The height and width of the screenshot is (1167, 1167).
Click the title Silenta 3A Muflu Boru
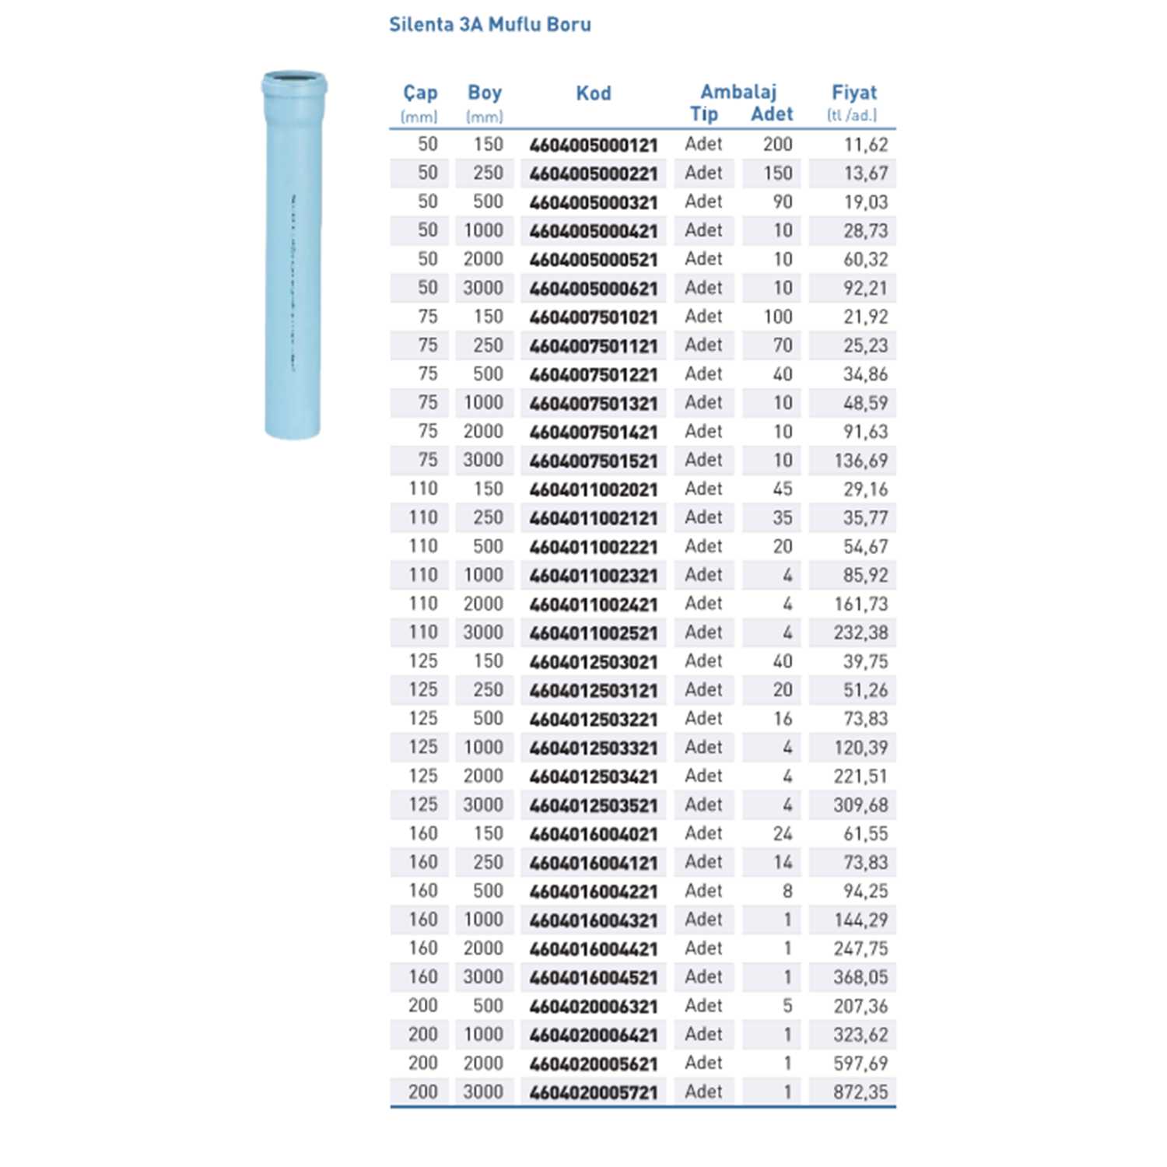pos(489,24)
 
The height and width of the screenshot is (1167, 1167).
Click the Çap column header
pos(420,93)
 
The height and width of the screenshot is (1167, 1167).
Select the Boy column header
pos(485,93)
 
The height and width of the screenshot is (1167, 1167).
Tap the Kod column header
pos(594,93)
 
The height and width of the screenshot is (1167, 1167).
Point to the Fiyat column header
pos(854,93)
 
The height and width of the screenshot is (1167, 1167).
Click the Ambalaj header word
pos(738,92)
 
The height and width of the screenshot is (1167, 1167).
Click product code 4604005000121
pos(594,145)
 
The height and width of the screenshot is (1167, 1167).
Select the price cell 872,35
pos(860,1092)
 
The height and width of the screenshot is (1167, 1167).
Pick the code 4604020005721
pos(594,1092)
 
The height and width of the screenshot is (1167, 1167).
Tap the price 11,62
pos(866,145)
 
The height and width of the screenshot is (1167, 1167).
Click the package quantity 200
pos(777,145)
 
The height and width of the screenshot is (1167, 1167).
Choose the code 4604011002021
pos(594,489)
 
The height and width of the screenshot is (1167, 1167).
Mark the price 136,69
pos(860,461)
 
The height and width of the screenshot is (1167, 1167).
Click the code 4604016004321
pos(594,920)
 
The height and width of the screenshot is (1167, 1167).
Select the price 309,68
pos(860,805)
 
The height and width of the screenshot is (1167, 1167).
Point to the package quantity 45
pos(783,489)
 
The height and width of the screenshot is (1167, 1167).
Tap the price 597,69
pos(860,1064)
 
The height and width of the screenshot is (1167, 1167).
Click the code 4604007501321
pos(594,403)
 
